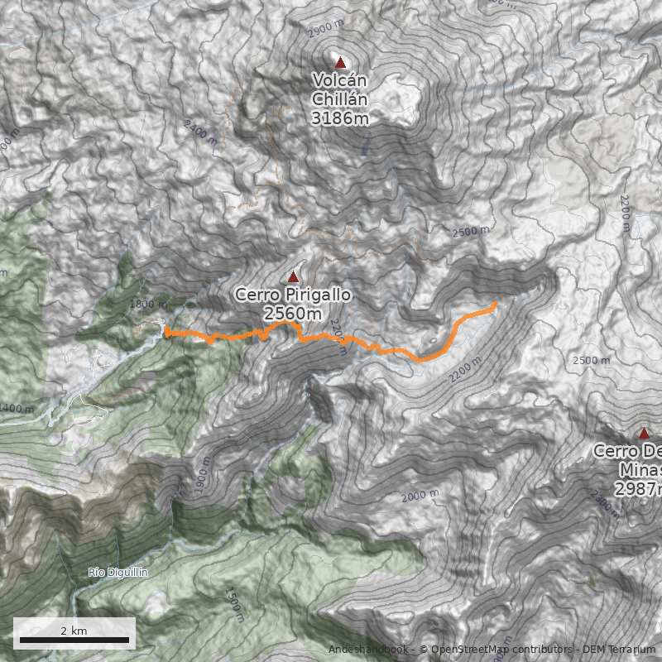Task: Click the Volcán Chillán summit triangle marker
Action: pos(339,62)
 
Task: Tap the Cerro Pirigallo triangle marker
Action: pos(293,276)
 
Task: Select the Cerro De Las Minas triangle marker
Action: pos(644,433)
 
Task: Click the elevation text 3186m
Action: pos(339,118)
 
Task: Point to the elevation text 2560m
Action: pos(293,313)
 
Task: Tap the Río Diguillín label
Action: pos(117,572)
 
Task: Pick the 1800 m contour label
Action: pos(149,305)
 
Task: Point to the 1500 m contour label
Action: pos(234,604)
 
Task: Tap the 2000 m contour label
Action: pos(420,496)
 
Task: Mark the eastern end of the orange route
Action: pos(494,305)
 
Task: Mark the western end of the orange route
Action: pos(166,331)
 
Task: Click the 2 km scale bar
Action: pos(74,639)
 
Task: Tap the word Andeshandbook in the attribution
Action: pos(368,649)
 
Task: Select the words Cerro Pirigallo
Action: pos(293,295)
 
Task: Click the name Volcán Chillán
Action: pos(339,89)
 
